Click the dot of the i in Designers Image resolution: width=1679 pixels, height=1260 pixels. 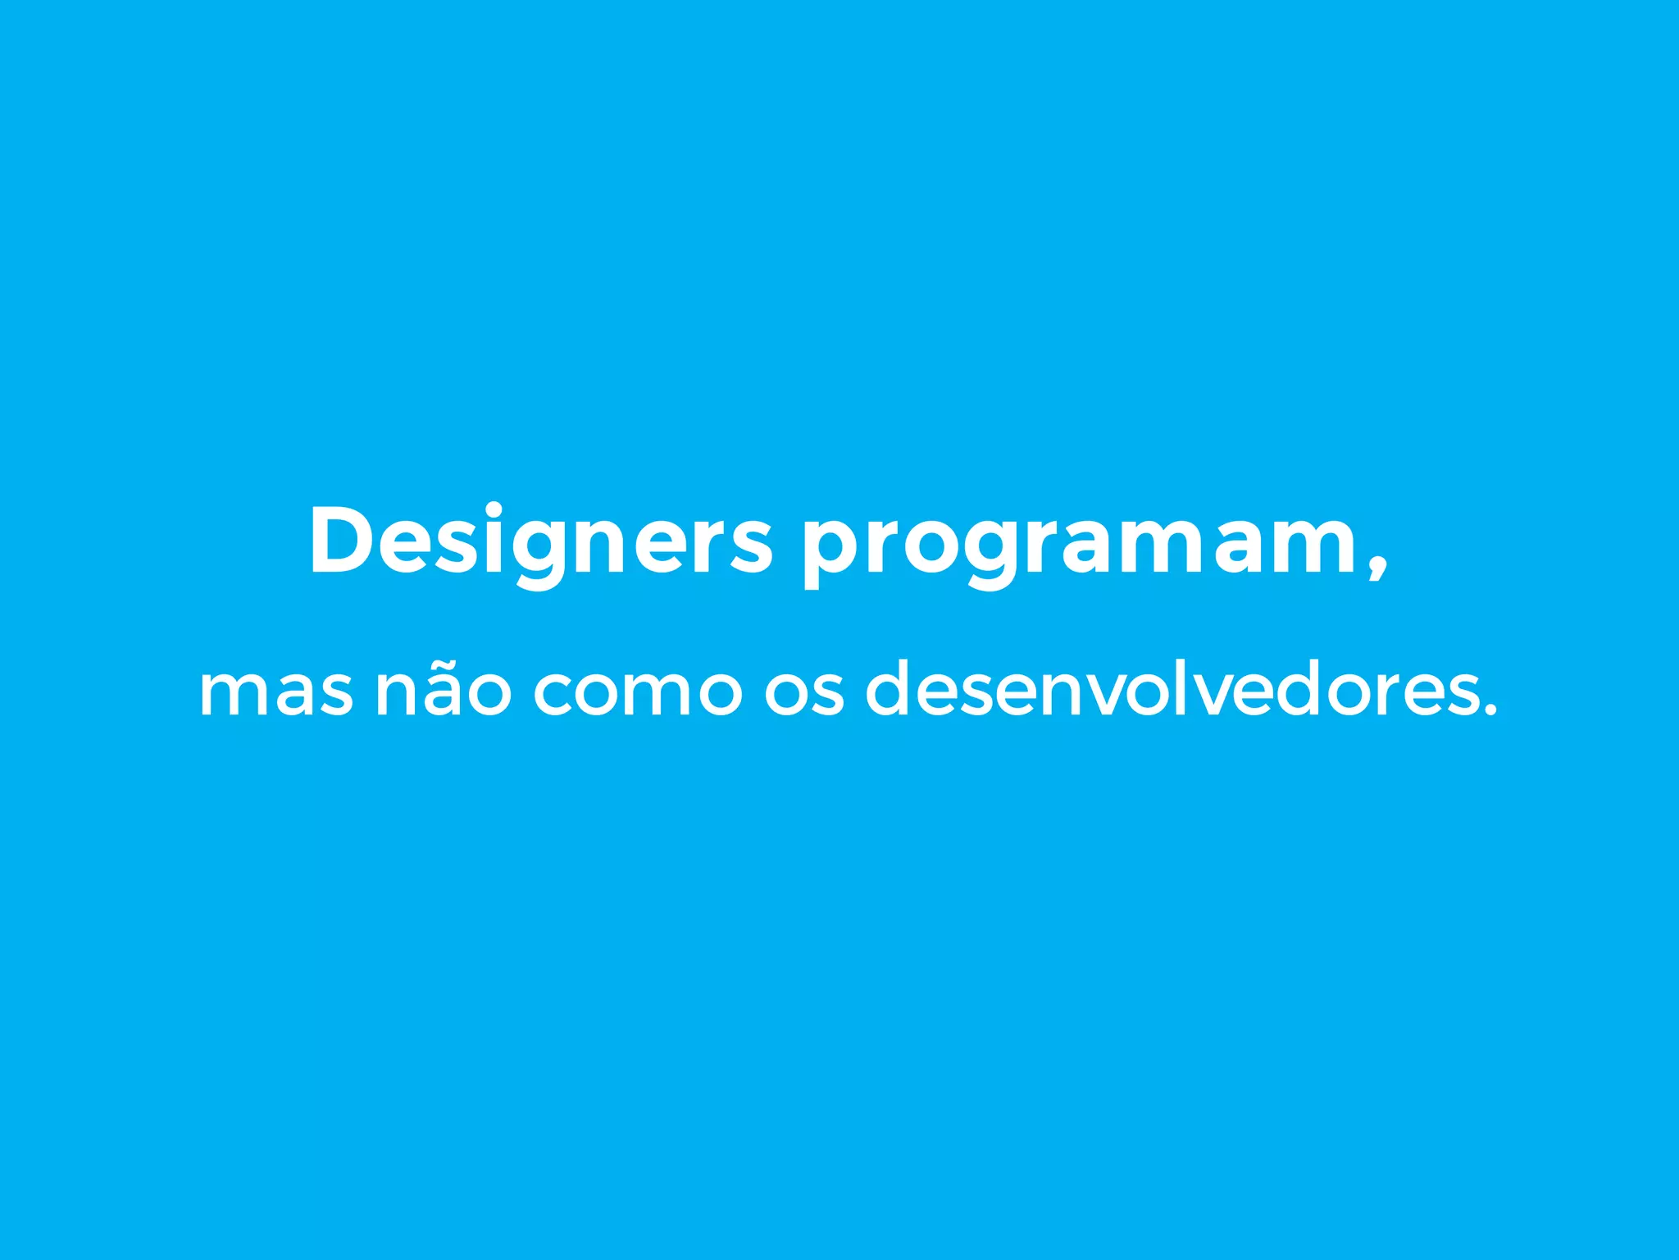click(494, 509)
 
